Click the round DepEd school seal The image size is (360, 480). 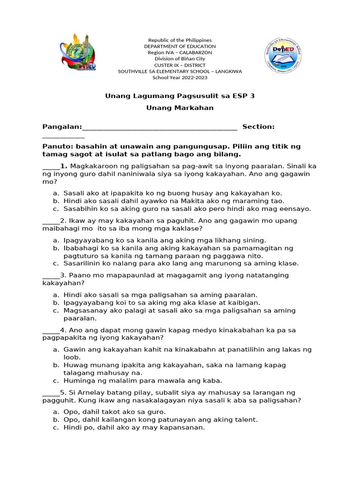(283, 57)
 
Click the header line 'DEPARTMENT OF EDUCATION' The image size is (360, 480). (180, 46)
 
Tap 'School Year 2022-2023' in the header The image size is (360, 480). (180, 77)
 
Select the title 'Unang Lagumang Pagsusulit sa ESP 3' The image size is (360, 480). (180, 96)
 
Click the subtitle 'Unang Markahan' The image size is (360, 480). (180, 108)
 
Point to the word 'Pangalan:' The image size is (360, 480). (62, 127)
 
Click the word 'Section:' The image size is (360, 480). (258, 127)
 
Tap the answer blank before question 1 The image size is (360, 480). (51, 166)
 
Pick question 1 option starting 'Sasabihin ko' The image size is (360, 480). (187, 209)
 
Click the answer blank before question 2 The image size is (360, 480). (51, 221)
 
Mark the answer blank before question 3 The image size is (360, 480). (51, 275)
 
